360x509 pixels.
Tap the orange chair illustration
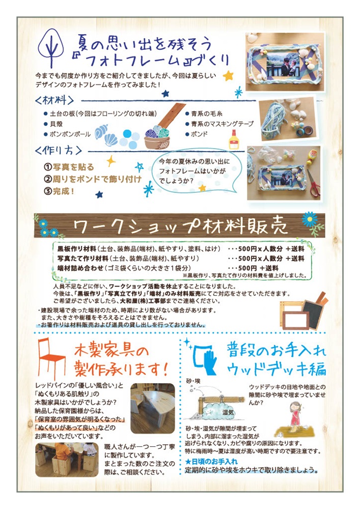click(51, 358)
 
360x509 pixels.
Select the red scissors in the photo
click(314, 183)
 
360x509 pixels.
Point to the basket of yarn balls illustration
click(157, 137)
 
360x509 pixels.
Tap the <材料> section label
click(54, 100)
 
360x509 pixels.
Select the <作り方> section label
click(59, 150)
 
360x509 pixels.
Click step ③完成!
click(60, 191)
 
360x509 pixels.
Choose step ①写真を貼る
click(69, 167)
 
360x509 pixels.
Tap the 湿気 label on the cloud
click(228, 413)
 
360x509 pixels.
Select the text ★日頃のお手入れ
click(211, 461)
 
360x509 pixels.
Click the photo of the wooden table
click(153, 408)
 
